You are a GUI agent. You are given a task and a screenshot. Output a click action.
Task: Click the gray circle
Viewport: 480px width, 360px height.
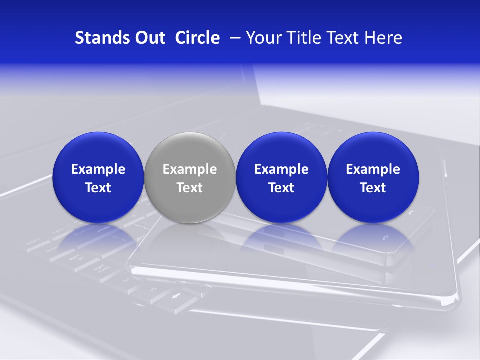189,150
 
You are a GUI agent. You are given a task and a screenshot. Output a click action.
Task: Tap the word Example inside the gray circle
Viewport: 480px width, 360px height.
190,169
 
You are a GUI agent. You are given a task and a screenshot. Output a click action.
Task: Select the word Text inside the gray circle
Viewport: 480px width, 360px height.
190,188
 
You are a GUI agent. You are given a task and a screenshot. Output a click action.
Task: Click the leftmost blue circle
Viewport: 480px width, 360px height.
98,150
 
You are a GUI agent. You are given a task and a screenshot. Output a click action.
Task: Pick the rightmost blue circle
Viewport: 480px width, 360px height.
373,150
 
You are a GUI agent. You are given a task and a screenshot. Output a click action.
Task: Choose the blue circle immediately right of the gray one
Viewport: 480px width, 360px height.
281,150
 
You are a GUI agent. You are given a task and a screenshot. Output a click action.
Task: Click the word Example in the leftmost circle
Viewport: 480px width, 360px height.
98,169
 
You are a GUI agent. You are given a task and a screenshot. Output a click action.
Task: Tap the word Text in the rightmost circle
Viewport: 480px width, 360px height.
373,188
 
